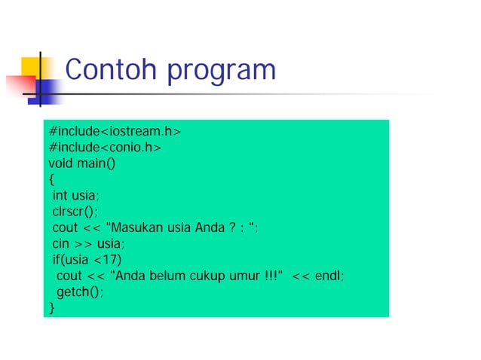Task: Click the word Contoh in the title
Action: (112, 71)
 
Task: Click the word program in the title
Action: (221, 72)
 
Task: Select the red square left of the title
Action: (20, 84)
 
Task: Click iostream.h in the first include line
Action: (144, 132)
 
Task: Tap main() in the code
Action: (98, 162)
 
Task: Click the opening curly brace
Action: (51, 179)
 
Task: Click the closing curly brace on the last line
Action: (51, 308)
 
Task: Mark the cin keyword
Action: (60, 243)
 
